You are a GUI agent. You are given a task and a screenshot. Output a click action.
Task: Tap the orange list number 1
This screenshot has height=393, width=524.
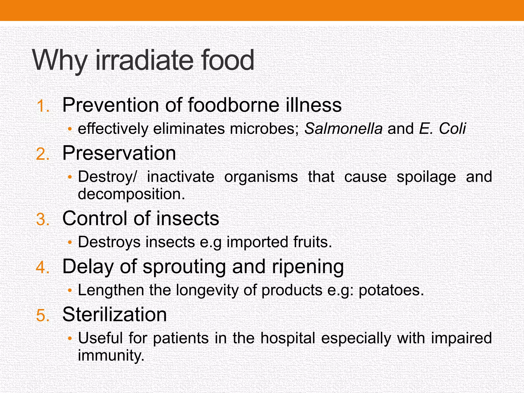[42, 106]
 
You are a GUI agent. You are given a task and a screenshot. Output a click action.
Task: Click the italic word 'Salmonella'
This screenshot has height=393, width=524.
[343, 128]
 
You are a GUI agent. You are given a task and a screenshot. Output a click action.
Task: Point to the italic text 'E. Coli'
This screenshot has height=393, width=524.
[442, 128]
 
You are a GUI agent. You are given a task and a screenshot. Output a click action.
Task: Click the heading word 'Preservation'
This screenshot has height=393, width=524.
[119, 153]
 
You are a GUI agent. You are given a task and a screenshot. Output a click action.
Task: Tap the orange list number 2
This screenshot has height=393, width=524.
[42, 155]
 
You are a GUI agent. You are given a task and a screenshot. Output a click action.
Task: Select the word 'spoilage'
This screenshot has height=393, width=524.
[426, 177]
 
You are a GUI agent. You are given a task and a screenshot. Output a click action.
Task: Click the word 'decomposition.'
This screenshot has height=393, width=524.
[131, 194]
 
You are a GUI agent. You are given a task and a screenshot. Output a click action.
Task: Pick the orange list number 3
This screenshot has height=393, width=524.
[42, 220]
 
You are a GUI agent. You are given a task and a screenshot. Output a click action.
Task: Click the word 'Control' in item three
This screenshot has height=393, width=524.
[95, 218]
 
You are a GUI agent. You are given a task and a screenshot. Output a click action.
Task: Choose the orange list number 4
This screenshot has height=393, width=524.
[42, 268]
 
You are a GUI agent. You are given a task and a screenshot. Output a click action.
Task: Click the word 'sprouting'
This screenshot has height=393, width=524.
[184, 267]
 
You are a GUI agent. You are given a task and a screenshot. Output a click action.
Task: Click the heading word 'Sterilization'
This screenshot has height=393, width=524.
[114, 314]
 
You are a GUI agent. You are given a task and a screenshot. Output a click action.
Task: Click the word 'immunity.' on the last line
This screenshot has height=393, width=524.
[111, 355]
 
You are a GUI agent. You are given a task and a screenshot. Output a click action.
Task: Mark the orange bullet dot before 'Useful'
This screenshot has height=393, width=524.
[70, 339]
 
